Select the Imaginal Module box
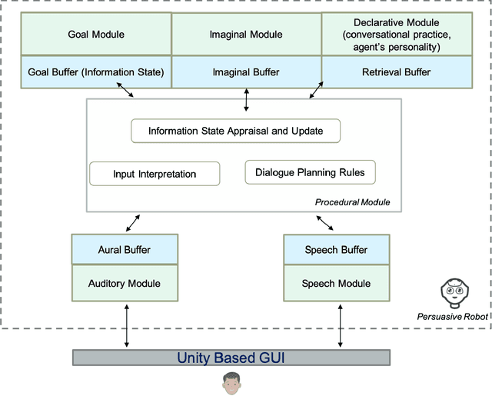pos(246,34)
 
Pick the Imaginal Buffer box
pos(246,73)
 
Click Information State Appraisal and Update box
pos(235,131)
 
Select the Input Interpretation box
pos(155,174)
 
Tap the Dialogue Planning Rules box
pos(310,172)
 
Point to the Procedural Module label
pos(353,202)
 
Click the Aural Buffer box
pos(125,250)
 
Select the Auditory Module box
pos(125,283)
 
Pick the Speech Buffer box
pos(336,250)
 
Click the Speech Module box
pos(336,283)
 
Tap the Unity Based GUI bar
pos(231,358)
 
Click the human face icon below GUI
pos(231,383)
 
